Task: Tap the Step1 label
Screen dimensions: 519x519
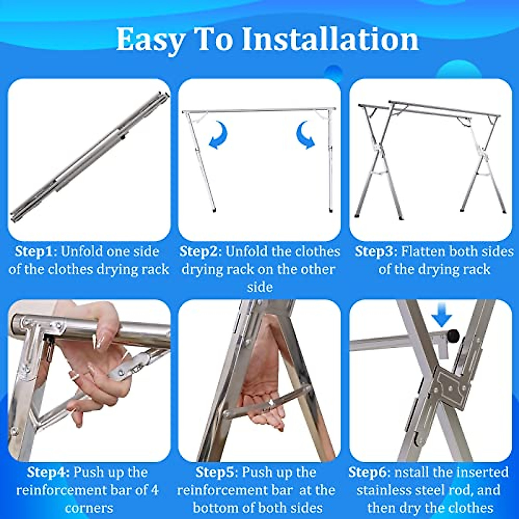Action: point(33,252)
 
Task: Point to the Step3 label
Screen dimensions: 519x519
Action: point(374,252)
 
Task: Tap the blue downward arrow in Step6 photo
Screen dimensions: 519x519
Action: point(442,318)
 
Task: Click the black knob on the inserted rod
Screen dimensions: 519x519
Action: point(452,335)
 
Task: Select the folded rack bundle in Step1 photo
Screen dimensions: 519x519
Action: point(89,156)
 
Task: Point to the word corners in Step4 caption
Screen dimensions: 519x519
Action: point(89,507)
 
